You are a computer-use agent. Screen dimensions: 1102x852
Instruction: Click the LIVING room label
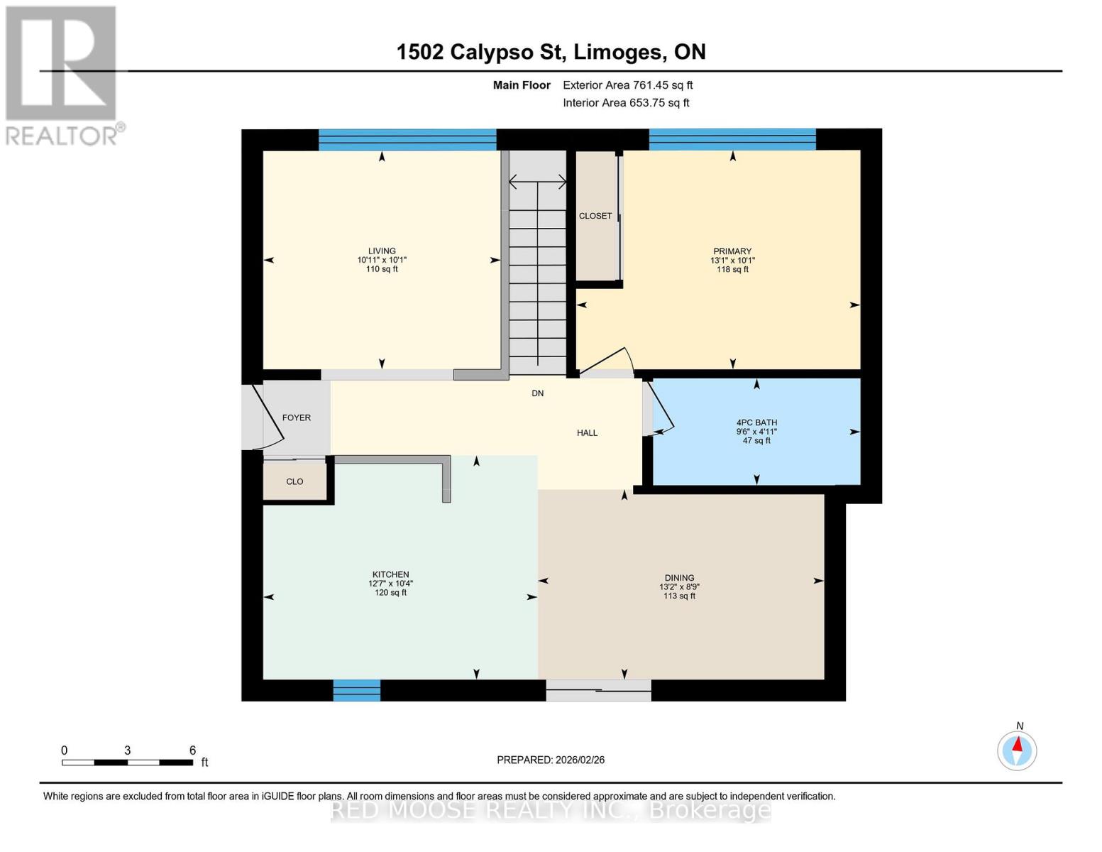[x=381, y=251]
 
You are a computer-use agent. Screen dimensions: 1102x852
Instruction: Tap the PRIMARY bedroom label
[x=732, y=251]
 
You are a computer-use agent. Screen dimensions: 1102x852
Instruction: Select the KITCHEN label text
[x=390, y=574]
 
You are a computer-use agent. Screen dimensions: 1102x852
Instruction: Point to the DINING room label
[x=679, y=577]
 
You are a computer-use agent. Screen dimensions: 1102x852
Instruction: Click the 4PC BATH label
[x=756, y=422]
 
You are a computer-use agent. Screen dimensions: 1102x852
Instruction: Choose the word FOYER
[x=296, y=417]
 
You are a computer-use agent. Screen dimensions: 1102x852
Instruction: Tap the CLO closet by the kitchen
[x=294, y=481]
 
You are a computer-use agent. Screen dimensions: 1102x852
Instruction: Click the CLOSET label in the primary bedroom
[x=595, y=216]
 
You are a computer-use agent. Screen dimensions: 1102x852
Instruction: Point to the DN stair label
[x=538, y=393]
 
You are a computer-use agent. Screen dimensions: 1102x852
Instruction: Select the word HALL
[x=587, y=433]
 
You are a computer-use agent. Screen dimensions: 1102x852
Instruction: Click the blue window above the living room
[x=407, y=140]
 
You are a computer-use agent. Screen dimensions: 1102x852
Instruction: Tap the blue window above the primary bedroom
[x=732, y=140]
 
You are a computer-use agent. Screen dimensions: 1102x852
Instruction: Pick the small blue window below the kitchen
[x=356, y=690]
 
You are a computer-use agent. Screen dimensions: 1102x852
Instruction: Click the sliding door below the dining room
[x=598, y=690]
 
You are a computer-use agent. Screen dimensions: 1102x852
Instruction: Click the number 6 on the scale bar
[x=192, y=750]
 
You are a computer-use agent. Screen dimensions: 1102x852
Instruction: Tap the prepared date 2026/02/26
[x=580, y=760]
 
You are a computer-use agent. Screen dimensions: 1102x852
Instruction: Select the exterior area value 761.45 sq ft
[x=663, y=85]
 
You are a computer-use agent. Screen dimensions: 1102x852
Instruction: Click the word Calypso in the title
[x=492, y=53]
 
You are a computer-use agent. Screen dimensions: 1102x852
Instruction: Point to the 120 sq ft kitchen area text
[x=390, y=593]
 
